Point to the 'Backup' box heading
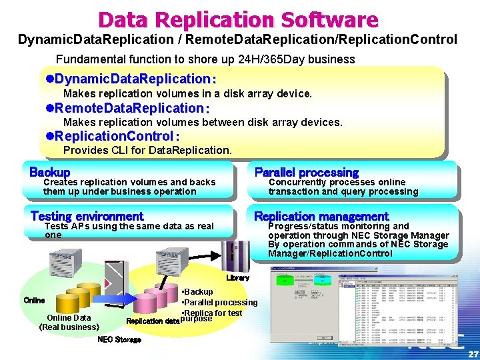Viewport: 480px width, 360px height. (x=49, y=172)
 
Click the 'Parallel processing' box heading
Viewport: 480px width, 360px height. (x=306, y=172)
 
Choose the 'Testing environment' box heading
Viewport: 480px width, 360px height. (x=87, y=216)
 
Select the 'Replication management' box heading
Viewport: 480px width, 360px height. (x=321, y=216)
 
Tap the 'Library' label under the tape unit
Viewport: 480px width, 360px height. (x=237, y=277)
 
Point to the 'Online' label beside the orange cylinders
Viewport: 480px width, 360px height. (x=34, y=300)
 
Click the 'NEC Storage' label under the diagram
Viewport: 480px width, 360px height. (x=119, y=339)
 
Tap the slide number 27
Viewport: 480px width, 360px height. (x=472, y=353)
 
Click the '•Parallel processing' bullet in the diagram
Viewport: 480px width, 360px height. (x=219, y=303)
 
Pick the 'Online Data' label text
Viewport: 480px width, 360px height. (x=69, y=317)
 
